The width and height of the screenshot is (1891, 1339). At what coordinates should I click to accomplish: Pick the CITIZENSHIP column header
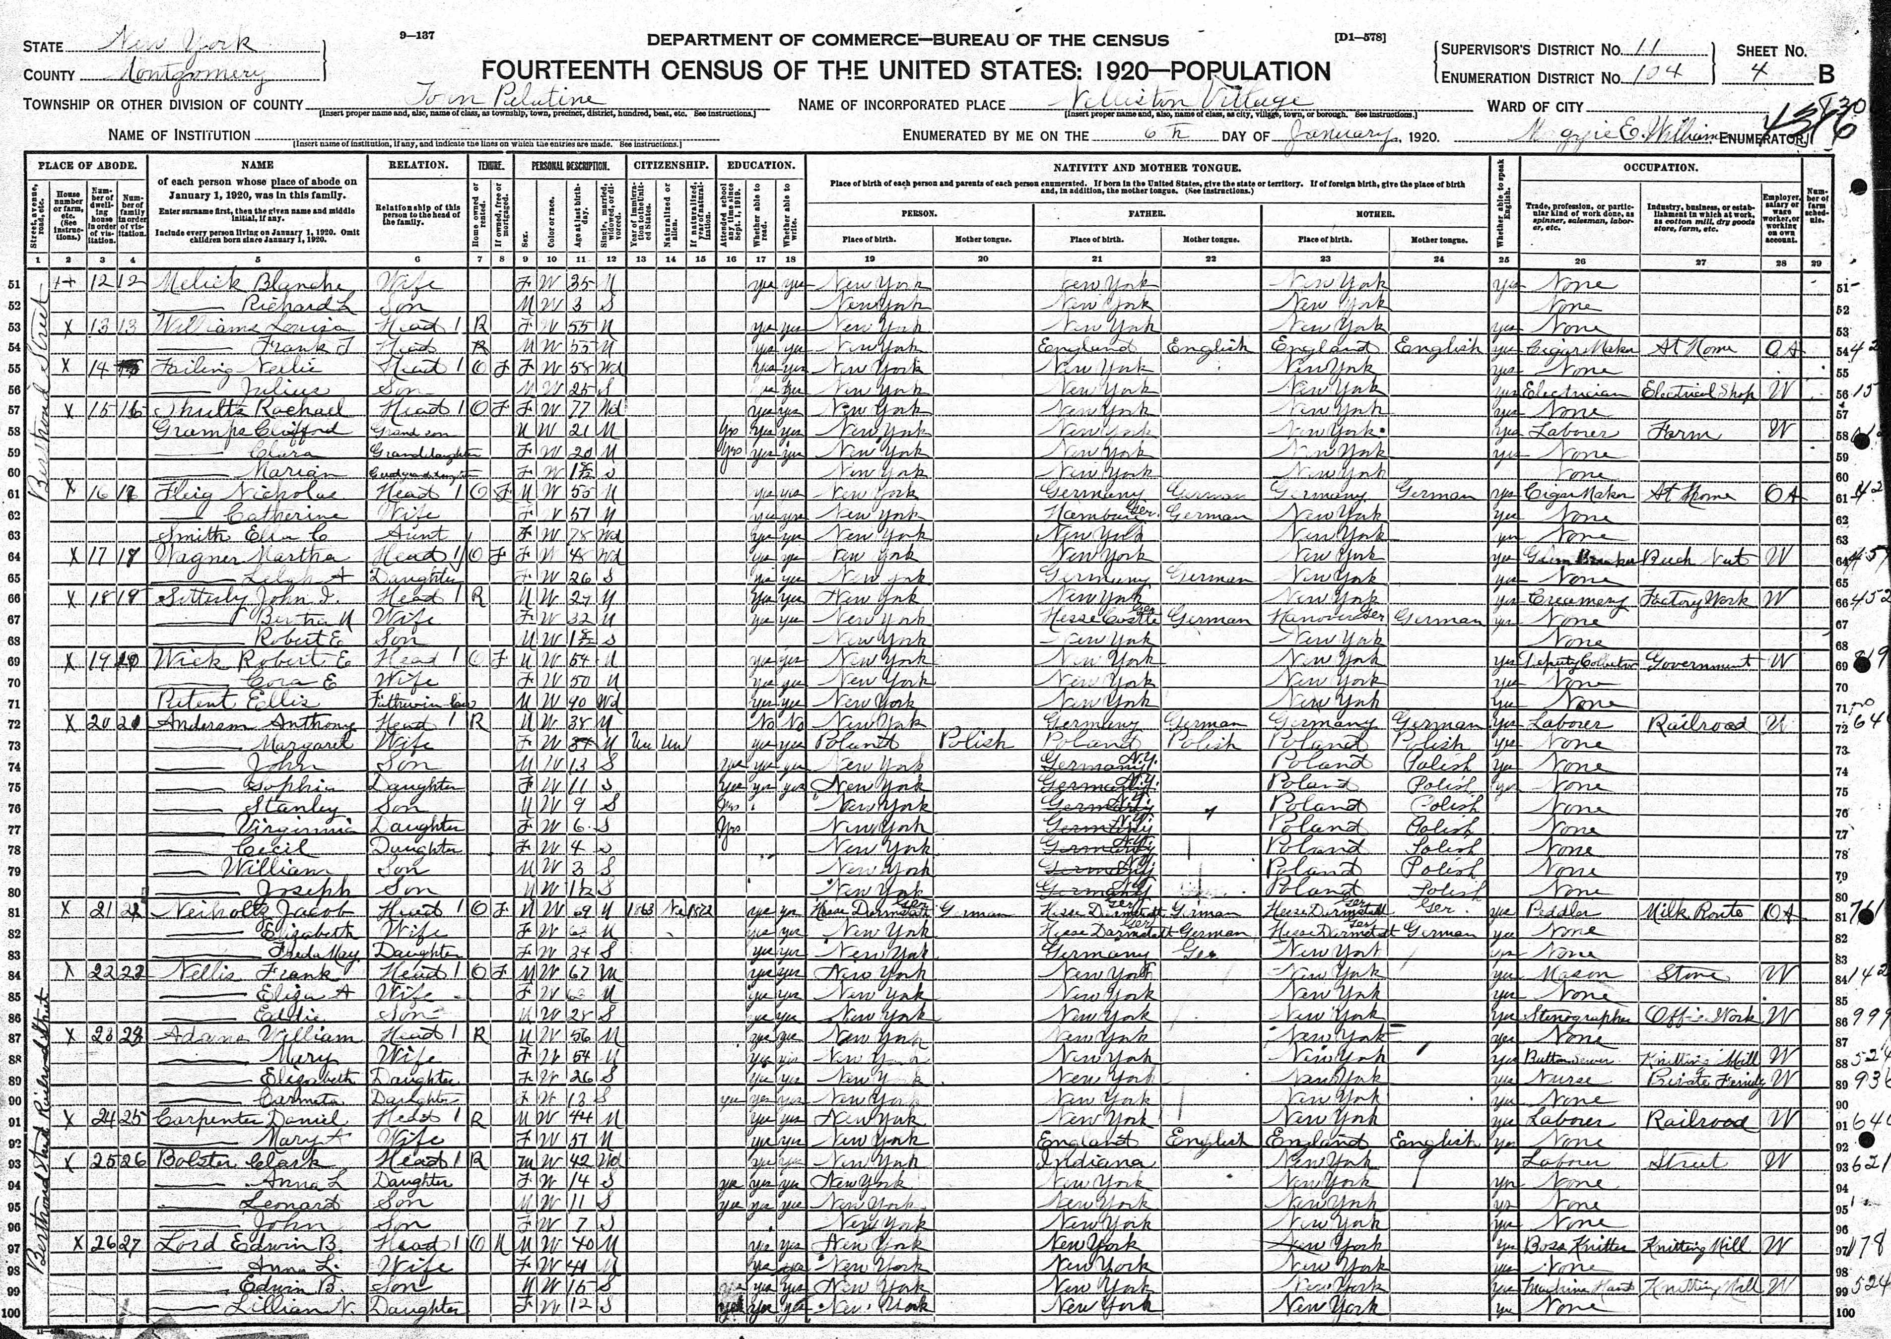pos(671,165)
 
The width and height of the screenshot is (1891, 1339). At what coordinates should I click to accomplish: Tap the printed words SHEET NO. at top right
pos(1770,50)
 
